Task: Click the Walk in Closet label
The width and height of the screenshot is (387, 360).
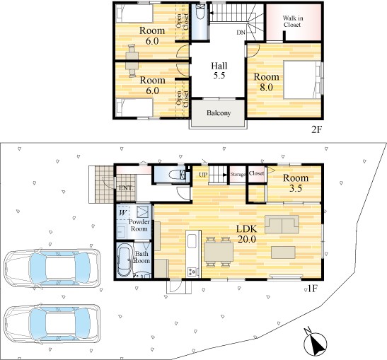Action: pyautogui.click(x=292, y=21)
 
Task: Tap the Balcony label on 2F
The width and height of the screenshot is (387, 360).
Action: pyautogui.click(x=219, y=113)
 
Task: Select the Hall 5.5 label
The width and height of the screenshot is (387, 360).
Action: pyautogui.click(x=219, y=71)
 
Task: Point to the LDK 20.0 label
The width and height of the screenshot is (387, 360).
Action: pyautogui.click(x=247, y=234)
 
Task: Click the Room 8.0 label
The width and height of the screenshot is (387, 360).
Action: pyautogui.click(x=266, y=82)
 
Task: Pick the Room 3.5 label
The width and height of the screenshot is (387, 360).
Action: pyautogui.click(x=296, y=183)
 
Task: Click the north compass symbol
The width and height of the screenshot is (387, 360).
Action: pyautogui.click(x=315, y=342)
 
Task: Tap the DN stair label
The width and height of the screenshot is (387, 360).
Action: pyautogui.click(x=241, y=33)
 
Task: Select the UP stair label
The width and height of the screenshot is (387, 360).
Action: pyautogui.click(x=203, y=175)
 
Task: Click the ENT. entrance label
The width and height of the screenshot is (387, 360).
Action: pyautogui.click(x=126, y=188)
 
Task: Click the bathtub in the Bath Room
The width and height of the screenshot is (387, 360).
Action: pyautogui.click(x=125, y=260)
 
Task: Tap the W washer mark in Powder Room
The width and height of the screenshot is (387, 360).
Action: pyautogui.click(x=122, y=213)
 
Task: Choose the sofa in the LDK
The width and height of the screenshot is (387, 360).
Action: pyautogui.click(x=282, y=224)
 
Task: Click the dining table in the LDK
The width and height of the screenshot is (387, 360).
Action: pyautogui.click(x=219, y=252)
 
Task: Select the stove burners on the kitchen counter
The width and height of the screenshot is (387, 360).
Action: pyautogui.click(x=192, y=272)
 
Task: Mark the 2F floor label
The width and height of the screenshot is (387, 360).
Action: pyautogui.click(x=317, y=129)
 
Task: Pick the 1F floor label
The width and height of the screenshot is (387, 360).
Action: pyautogui.click(x=312, y=289)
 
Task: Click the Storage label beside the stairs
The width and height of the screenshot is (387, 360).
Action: pyautogui.click(x=238, y=175)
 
